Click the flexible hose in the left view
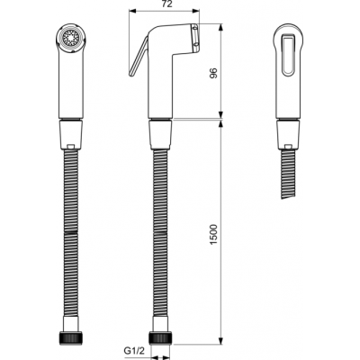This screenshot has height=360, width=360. [69, 234]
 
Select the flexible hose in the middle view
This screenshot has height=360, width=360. [161, 234]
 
